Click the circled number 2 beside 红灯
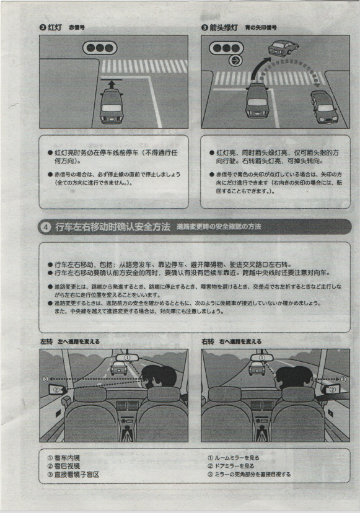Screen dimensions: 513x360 point(42,27)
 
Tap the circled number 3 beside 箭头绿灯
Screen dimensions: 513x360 point(204,27)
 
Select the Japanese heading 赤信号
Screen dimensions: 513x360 point(76,28)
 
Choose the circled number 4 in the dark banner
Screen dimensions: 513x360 point(46,227)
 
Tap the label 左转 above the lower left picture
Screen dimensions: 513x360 point(46,341)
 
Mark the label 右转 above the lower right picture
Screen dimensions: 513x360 point(208,341)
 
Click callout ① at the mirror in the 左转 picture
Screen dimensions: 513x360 point(126,357)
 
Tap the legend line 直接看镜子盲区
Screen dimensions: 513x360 point(77,475)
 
